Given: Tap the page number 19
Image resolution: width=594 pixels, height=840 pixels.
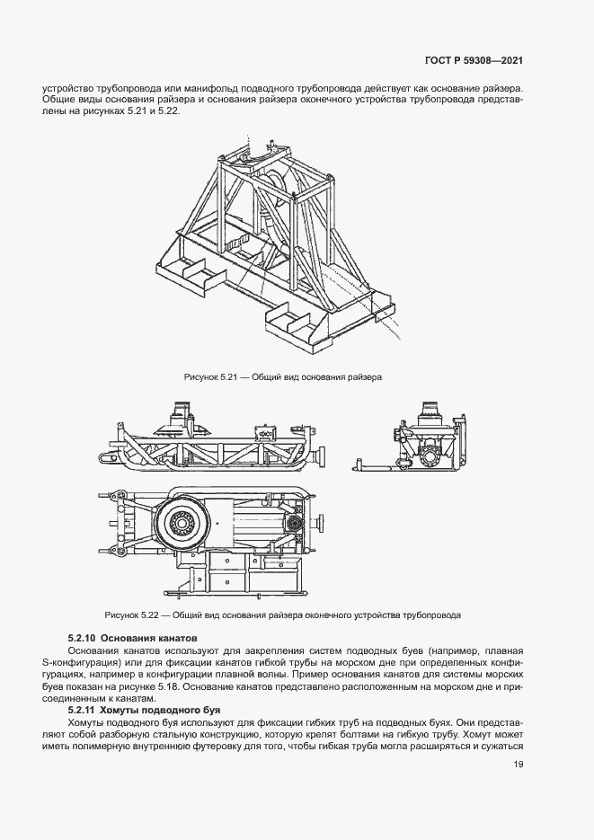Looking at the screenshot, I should pyautogui.click(x=519, y=765).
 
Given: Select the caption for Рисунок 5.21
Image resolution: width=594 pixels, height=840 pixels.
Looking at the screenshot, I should pyautogui.click(x=283, y=378).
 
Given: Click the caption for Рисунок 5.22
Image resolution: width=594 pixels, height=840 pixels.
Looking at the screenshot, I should pyautogui.click(x=283, y=615).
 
